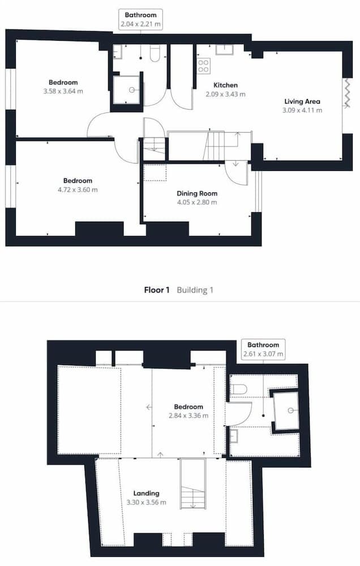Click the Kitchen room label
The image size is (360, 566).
coord(225,85)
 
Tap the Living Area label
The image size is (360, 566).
coord(302,102)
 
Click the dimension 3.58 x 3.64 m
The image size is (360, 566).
coord(63,91)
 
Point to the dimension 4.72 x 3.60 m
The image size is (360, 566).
coord(78,190)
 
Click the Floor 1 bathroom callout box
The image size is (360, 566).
coord(140,19)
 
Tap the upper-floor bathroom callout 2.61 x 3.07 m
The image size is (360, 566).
coord(263,349)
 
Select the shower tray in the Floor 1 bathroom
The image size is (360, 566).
coord(126,89)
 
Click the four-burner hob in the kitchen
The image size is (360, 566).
coord(203,66)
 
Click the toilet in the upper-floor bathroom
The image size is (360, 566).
coord(238,389)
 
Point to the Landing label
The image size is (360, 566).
coord(147,493)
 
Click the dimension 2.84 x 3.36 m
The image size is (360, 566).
coord(188,415)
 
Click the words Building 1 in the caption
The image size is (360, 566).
coord(195,290)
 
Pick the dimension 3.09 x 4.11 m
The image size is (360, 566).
coord(302,110)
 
